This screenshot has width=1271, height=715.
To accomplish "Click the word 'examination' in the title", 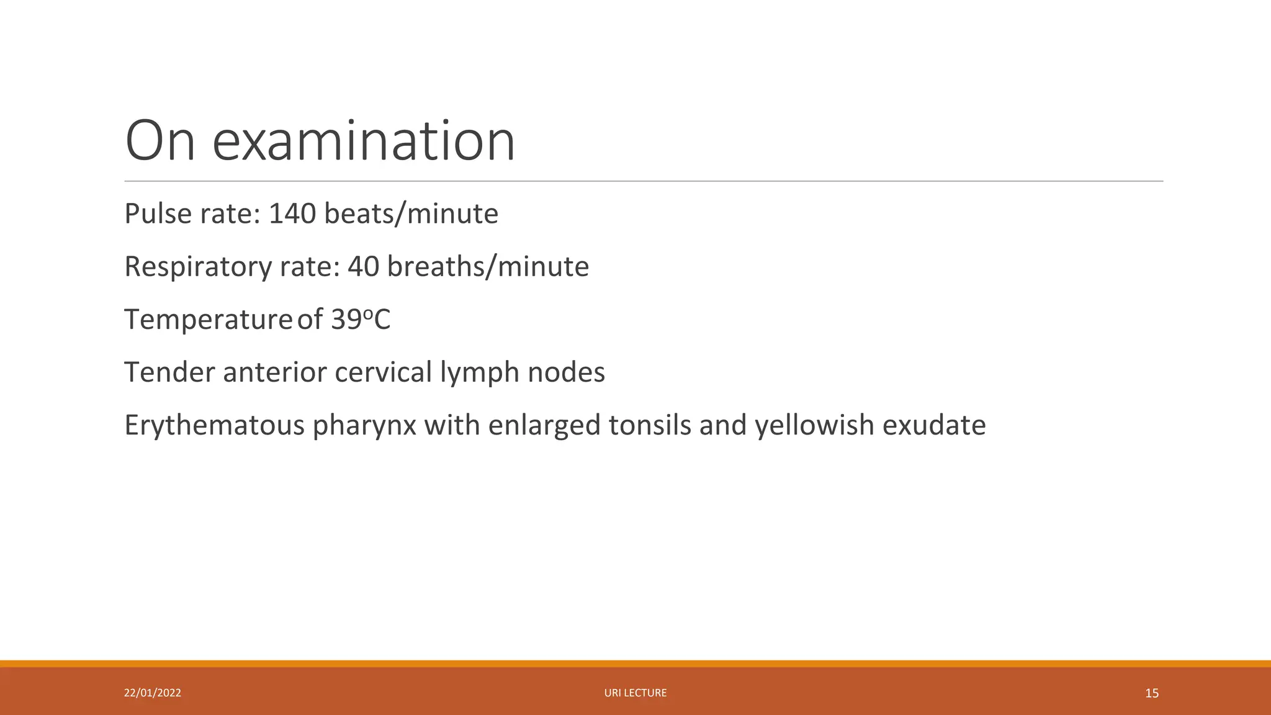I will pyautogui.click(x=364, y=142).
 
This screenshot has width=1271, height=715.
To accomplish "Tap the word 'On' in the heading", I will pyautogui.click(x=160, y=142).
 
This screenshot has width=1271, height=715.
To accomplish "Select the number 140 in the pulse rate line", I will pyautogui.click(x=292, y=214).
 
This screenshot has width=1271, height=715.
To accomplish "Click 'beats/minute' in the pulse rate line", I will pyautogui.click(x=411, y=214).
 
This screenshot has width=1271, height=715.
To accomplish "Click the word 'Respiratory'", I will pyautogui.click(x=198, y=267).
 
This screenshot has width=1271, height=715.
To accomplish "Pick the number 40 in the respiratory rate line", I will pyautogui.click(x=363, y=267).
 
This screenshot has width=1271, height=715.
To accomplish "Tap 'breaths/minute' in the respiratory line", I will pyautogui.click(x=488, y=267).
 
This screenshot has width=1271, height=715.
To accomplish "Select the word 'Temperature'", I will pyautogui.click(x=208, y=320).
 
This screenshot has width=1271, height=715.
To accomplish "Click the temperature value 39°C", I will pyautogui.click(x=361, y=320).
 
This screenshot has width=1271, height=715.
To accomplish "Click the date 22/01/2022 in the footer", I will pyautogui.click(x=153, y=693).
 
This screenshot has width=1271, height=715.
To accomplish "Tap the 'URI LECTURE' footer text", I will pyautogui.click(x=635, y=693).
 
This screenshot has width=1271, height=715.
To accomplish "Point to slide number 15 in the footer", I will pyautogui.click(x=1152, y=693).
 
